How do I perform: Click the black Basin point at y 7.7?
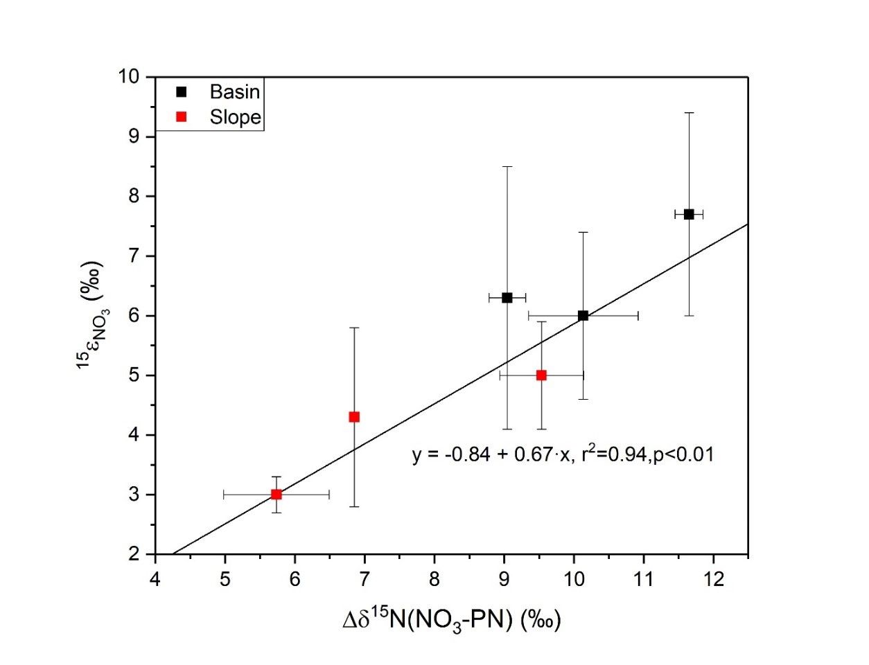(688, 214)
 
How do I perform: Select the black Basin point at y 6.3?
(507, 297)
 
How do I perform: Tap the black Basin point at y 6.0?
(583, 315)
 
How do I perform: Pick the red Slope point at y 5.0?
(541, 375)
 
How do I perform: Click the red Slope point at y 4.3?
(354, 416)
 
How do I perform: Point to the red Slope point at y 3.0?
(276, 494)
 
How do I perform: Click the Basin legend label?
(235, 91)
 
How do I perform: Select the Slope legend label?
(235, 117)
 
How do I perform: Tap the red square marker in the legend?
(182, 117)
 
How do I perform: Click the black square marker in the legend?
(182, 91)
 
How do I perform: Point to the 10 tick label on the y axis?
(130, 76)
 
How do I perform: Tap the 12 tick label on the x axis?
(714, 578)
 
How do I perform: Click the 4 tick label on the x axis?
(155, 578)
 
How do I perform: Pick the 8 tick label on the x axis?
(434, 578)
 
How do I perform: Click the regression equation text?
(563, 454)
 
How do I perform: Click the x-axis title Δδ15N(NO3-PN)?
(451, 619)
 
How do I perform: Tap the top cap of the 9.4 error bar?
(688, 112)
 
